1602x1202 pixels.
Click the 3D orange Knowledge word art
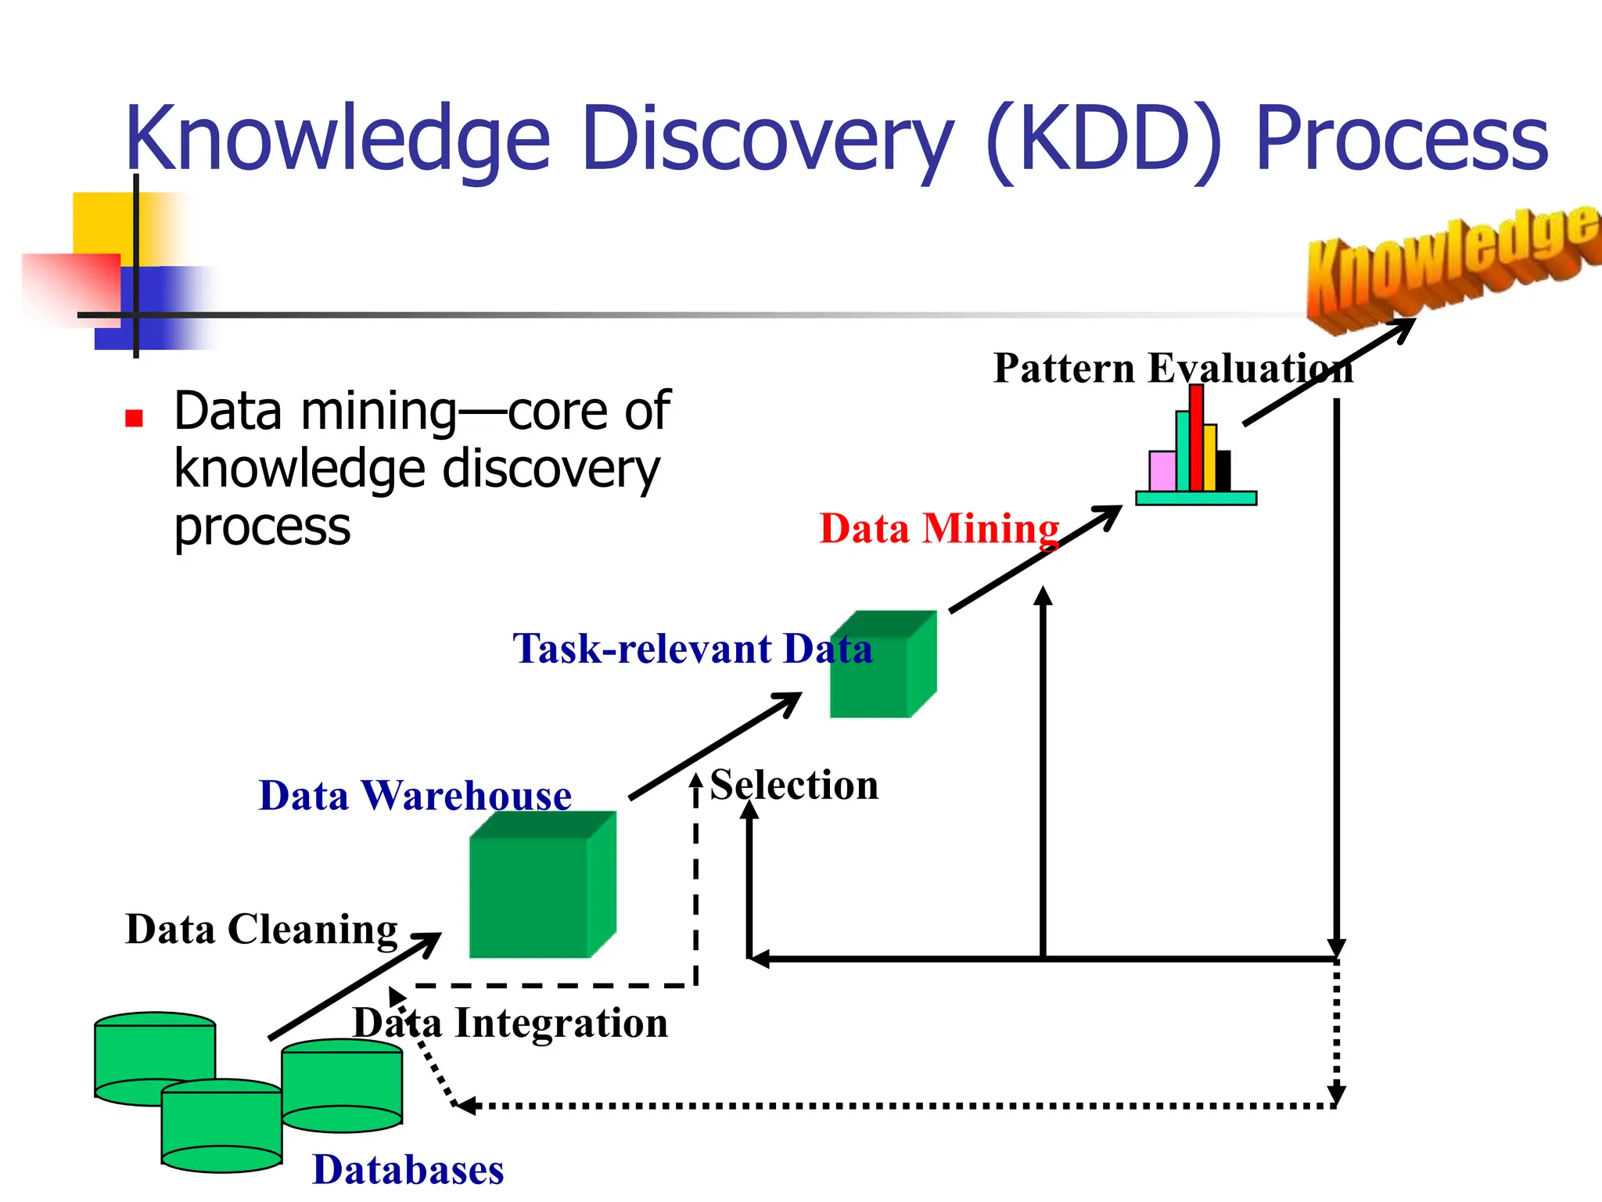(1451, 262)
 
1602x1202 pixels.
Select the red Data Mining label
(939, 528)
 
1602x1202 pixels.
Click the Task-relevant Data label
(691, 649)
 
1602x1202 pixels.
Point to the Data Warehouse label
(415, 795)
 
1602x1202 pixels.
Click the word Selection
(794, 785)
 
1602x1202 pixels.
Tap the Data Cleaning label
(261, 930)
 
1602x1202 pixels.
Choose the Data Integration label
(510, 1023)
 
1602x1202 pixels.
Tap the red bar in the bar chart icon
(1196, 438)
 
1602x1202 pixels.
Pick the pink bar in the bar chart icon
(1162, 471)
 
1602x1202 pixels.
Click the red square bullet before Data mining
(134, 418)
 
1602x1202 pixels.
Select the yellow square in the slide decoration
(102, 223)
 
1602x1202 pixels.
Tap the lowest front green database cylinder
(221, 1127)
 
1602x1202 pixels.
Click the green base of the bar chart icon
(1195, 498)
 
